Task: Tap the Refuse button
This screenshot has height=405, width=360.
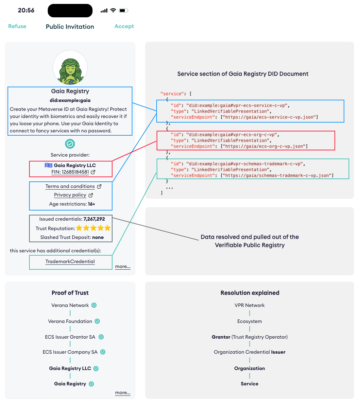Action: (17, 26)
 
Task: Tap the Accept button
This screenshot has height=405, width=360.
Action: (124, 26)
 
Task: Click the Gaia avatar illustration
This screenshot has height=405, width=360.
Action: (70, 68)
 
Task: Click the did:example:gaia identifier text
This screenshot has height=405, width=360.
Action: (70, 100)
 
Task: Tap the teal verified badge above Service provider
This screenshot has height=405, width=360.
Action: (70, 144)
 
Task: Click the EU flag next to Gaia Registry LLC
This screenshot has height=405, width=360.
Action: (48, 165)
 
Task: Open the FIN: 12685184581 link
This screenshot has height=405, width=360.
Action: (70, 172)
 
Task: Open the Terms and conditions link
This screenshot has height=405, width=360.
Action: (70, 186)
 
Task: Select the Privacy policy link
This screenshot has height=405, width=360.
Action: (70, 195)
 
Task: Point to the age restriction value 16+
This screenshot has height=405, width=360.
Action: (92, 204)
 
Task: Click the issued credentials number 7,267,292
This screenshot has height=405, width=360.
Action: (94, 219)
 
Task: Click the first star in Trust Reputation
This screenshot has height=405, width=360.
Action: (79, 228)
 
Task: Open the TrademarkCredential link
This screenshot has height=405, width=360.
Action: (70, 262)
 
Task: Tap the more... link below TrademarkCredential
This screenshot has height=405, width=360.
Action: (123, 266)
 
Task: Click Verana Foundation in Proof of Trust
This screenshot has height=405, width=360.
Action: (70, 321)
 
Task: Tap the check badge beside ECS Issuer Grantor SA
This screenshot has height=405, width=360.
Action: (101, 337)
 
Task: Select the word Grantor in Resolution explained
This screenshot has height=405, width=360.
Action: (221, 337)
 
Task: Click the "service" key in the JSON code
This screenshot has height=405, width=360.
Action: (172, 94)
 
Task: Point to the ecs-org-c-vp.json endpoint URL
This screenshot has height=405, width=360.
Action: (264, 146)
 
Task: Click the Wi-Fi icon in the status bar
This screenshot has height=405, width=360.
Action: (113, 10)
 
